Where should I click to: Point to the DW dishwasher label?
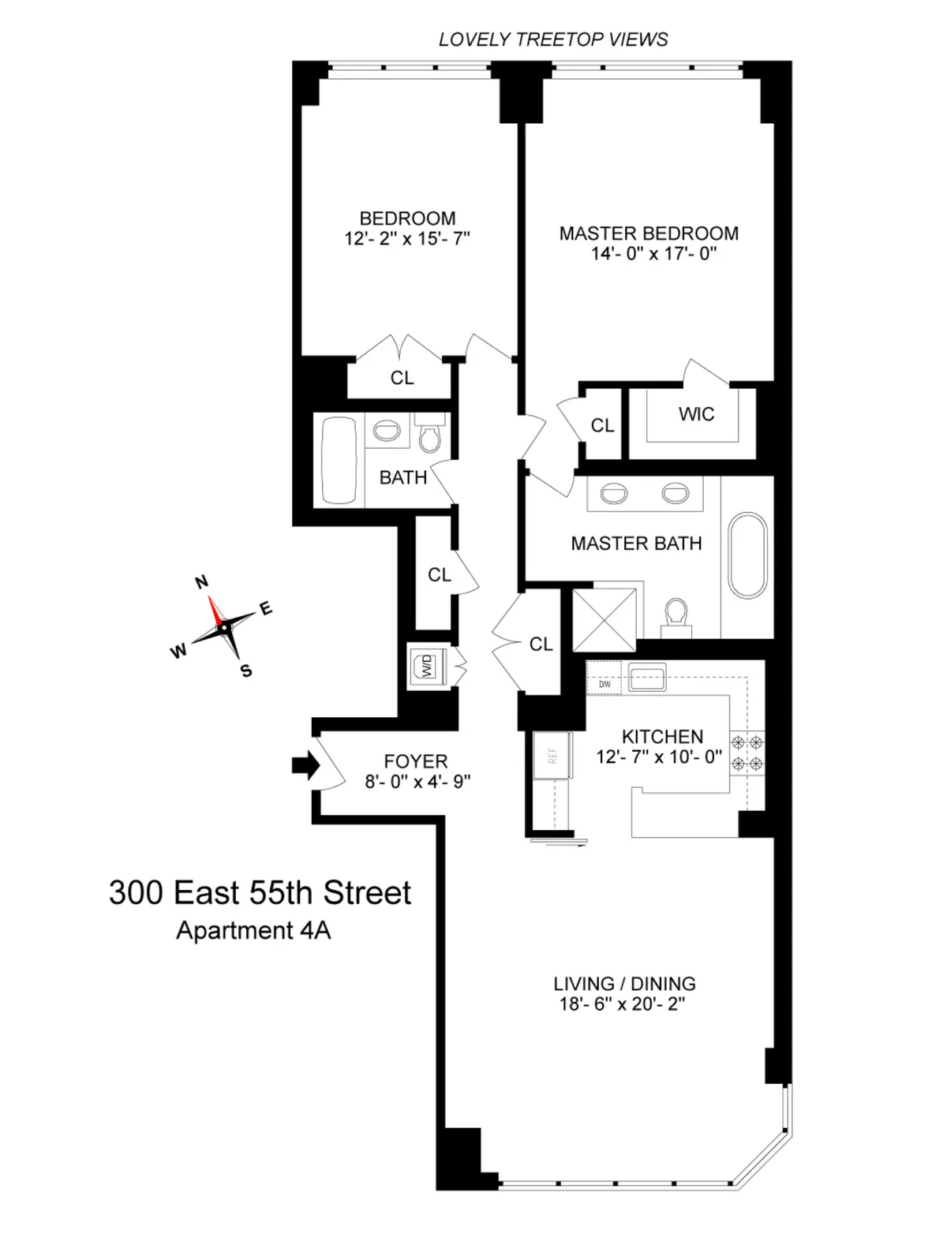pos(605,684)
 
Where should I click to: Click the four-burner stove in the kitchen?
pos(747,752)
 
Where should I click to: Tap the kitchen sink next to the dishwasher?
pos(647,677)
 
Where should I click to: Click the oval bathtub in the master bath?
pos(747,555)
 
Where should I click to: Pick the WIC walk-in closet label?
pos(696,414)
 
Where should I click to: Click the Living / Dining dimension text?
pos(625,1005)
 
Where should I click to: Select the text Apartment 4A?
pos(253,931)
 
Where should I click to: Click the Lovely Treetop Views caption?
pos(553,39)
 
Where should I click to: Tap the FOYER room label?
pos(415,761)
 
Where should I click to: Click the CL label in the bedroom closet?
pos(402,378)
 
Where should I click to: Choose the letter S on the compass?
pos(246,671)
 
